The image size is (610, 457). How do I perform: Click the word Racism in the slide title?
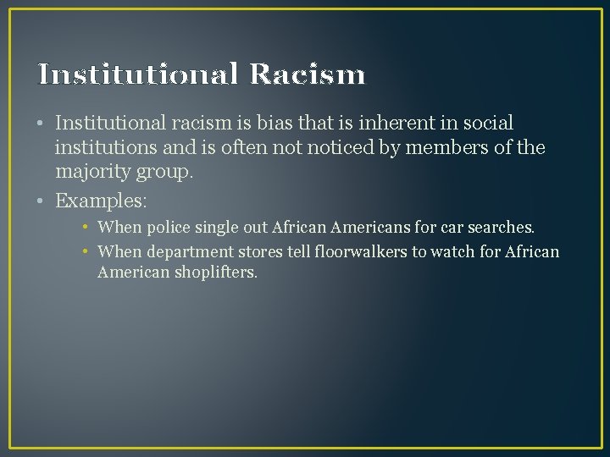(x=308, y=74)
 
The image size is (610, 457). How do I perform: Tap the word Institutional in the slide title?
(x=138, y=74)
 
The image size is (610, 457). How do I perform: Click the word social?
(x=484, y=124)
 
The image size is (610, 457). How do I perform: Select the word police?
(x=169, y=228)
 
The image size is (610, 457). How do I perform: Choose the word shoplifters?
(x=214, y=273)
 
